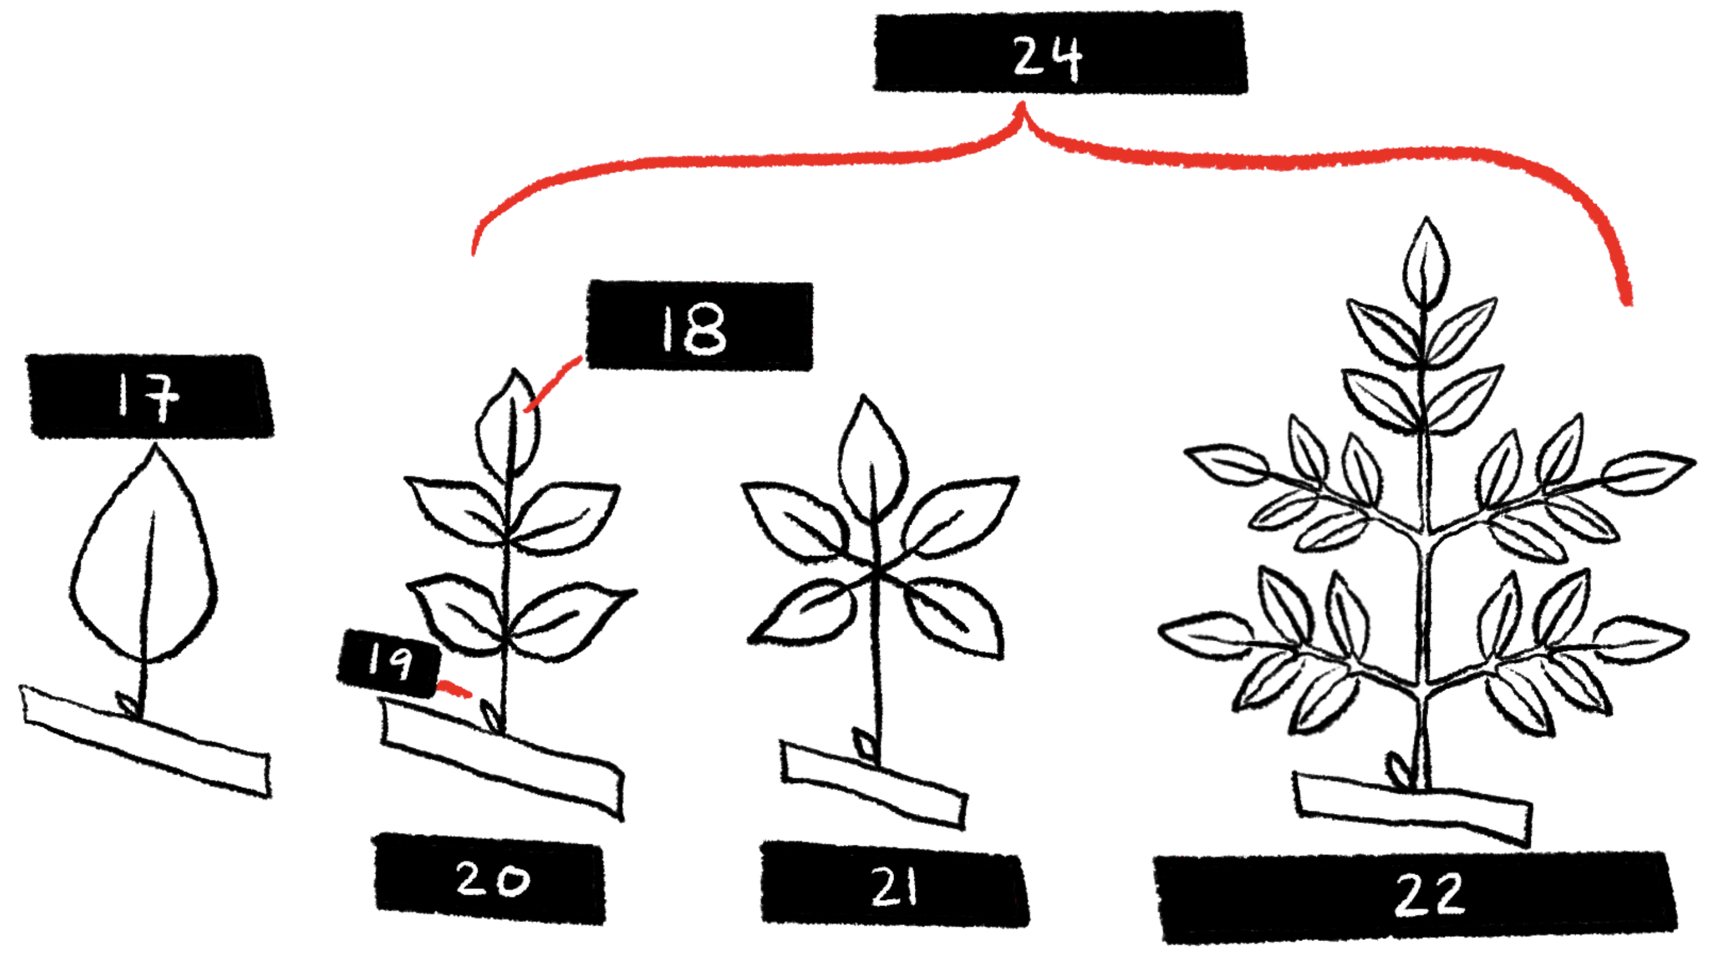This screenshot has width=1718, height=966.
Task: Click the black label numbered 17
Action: (150, 397)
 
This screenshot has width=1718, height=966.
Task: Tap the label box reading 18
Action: (700, 326)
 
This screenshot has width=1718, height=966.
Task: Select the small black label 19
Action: (390, 662)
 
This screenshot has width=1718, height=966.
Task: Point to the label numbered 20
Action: (490, 879)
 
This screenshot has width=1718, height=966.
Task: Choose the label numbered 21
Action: (895, 885)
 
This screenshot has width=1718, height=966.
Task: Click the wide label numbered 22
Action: (1417, 897)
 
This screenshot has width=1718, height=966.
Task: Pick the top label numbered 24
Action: (1060, 53)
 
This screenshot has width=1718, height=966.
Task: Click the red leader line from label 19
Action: (453, 689)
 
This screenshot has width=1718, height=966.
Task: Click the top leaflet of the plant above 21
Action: (872, 457)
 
